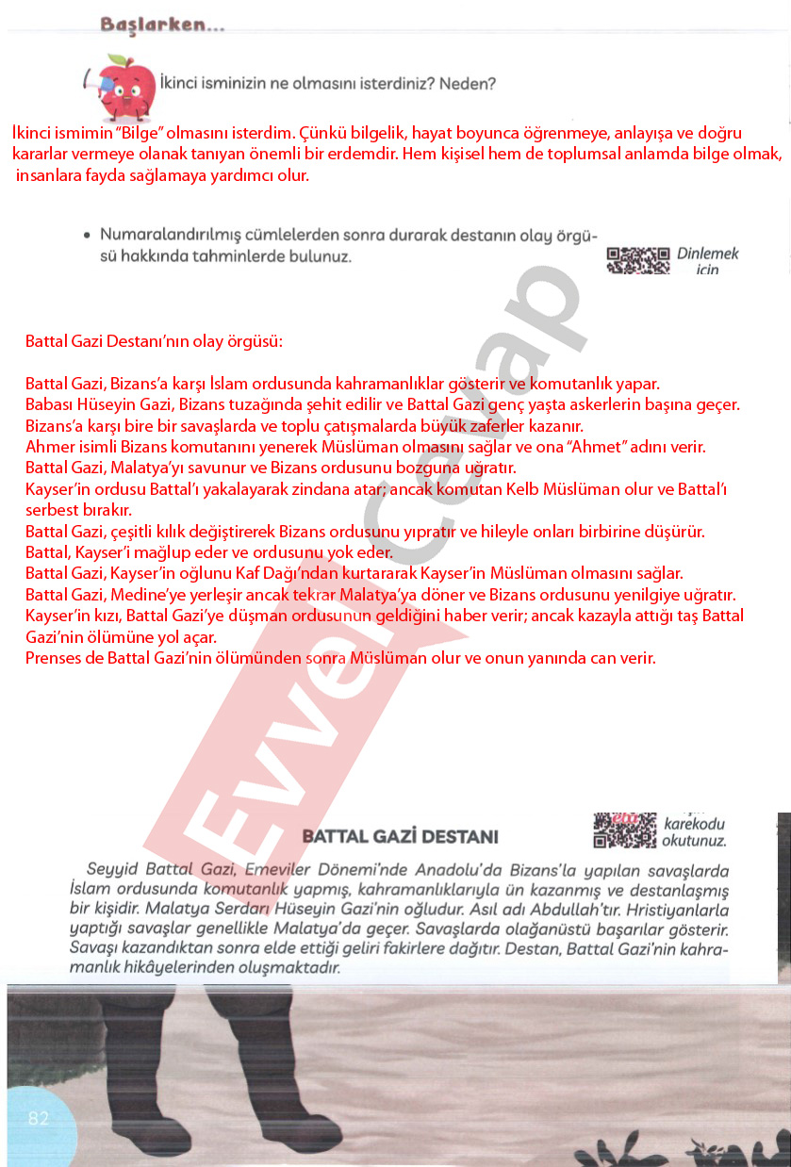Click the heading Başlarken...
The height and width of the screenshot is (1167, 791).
point(162,25)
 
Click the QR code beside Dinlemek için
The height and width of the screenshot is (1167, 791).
point(637,260)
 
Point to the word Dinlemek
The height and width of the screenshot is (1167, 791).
point(708,254)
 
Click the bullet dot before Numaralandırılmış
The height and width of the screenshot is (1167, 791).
point(87,235)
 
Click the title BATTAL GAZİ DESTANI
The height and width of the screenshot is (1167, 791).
point(400,836)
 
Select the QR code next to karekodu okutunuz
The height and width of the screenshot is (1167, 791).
point(625,830)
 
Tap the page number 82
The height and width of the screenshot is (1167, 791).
point(39,1118)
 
